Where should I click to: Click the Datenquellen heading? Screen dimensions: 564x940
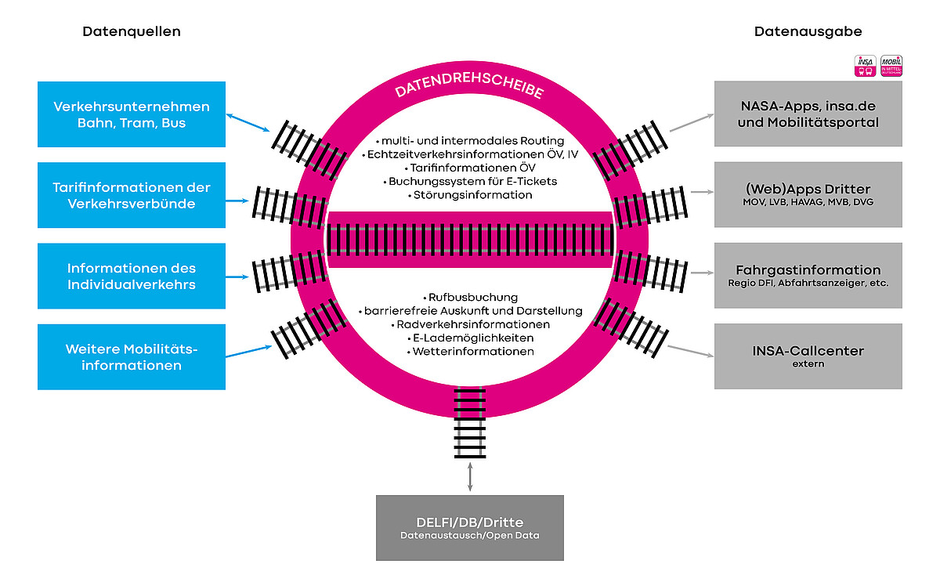132,32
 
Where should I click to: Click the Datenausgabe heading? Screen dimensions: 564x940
808,32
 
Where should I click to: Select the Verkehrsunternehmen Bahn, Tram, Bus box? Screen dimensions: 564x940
132,114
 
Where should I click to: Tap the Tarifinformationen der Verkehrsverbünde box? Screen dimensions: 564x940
132,196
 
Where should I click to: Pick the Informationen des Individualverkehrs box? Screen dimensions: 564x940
132,277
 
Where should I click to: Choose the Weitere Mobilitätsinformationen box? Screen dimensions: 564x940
132,357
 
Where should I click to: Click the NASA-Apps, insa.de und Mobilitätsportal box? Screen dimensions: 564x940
808,114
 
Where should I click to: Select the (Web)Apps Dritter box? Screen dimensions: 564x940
808,194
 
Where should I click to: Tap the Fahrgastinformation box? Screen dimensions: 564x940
808,275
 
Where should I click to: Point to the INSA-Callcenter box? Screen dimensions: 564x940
808,356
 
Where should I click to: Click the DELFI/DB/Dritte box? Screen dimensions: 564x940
470,528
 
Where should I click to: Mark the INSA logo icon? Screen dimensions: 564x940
865,66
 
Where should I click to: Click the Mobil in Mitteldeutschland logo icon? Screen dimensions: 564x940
891,66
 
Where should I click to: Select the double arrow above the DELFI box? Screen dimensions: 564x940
470,477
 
